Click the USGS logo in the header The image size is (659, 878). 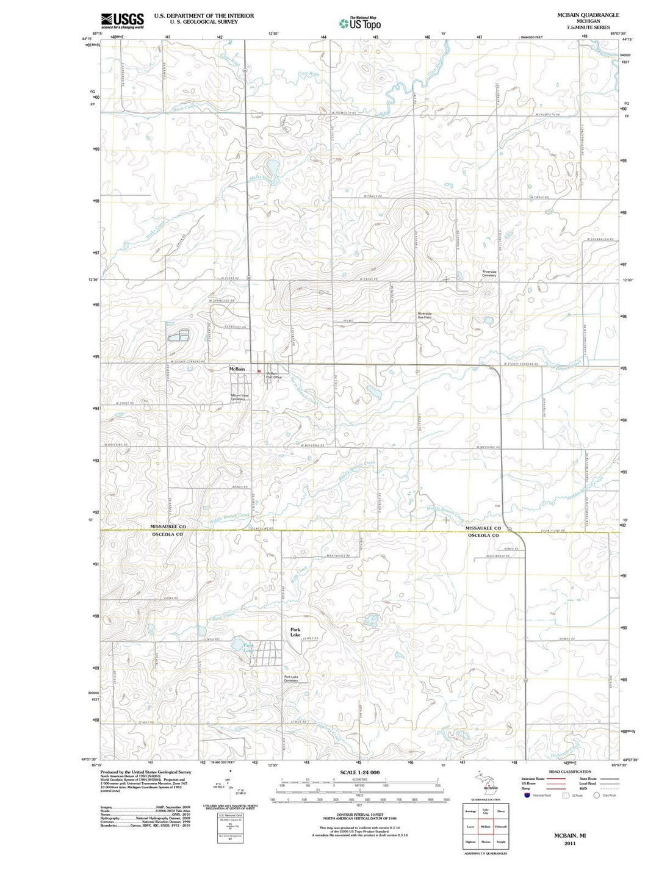(x=123, y=21)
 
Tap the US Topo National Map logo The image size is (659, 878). (x=361, y=23)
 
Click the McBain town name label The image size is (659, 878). (x=237, y=369)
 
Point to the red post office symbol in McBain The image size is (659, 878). (x=259, y=371)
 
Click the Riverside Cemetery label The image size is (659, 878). (x=489, y=273)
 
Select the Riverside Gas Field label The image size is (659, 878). (x=424, y=315)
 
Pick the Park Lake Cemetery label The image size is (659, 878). (x=291, y=678)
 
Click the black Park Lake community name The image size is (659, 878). (x=295, y=632)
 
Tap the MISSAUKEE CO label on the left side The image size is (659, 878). (x=168, y=526)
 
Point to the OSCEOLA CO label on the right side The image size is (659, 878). (x=483, y=536)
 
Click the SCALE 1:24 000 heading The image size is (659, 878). (x=359, y=772)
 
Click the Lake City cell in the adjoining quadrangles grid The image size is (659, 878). (x=486, y=811)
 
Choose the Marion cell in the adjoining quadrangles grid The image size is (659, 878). (x=486, y=841)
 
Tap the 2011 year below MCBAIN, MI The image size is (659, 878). (x=570, y=843)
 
